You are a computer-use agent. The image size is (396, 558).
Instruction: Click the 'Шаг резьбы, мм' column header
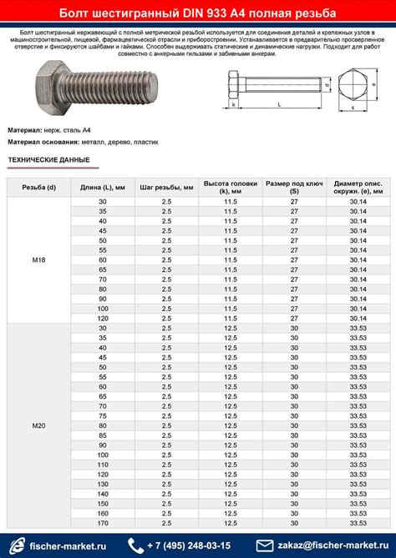pos(166,188)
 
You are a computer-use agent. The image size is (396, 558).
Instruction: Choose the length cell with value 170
pos(103,524)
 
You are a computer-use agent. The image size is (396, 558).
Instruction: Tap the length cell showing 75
pos(103,415)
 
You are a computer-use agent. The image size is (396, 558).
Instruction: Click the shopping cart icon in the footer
pos(14,545)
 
